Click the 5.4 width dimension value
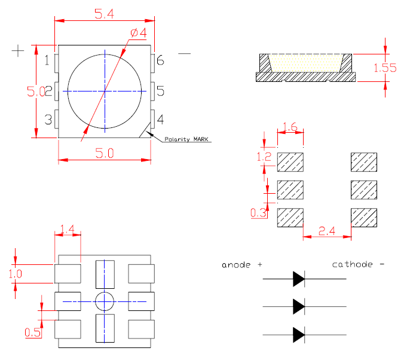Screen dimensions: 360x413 tap(104, 14)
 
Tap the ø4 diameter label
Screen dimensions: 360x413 tap(138, 33)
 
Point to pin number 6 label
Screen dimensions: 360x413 tap(160, 60)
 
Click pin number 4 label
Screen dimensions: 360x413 tap(160, 120)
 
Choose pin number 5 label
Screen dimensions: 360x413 tap(160, 91)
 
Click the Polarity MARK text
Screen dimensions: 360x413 tap(188, 139)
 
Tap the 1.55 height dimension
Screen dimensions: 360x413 tap(385, 68)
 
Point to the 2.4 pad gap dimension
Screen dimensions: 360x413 tap(326, 229)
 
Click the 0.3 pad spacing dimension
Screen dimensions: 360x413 tap(259, 213)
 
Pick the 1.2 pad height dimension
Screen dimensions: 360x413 tap(264, 158)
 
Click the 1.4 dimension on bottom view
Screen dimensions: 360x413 tap(67, 229)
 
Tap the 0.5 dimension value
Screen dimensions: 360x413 tap(33, 332)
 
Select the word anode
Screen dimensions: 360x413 tap(237, 264)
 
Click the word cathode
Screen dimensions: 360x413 tap(353, 264)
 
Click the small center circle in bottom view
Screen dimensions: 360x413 tap(105, 301)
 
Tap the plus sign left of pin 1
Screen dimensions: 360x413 tap(19, 51)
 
